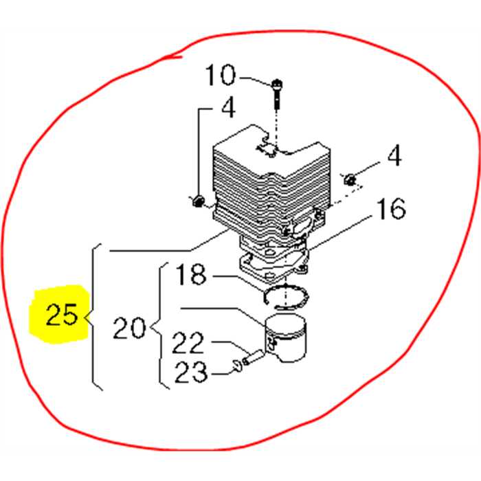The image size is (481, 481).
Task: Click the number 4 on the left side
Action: pyautogui.click(x=227, y=107)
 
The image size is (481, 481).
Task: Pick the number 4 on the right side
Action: pyautogui.click(x=394, y=157)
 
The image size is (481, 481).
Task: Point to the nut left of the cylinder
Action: pyautogui.click(x=197, y=201)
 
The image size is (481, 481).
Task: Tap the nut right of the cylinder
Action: pyautogui.click(x=350, y=180)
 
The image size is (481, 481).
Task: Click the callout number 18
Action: pyautogui.click(x=190, y=276)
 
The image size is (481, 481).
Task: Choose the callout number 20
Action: pyautogui.click(x=129, y=328)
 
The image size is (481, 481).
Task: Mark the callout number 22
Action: pyautogui.click(x=187, y=342)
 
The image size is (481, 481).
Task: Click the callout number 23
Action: pyautogui.click(x=190, y=372)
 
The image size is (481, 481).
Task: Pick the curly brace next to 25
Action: pyautogui.click(x=95, y=317)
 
